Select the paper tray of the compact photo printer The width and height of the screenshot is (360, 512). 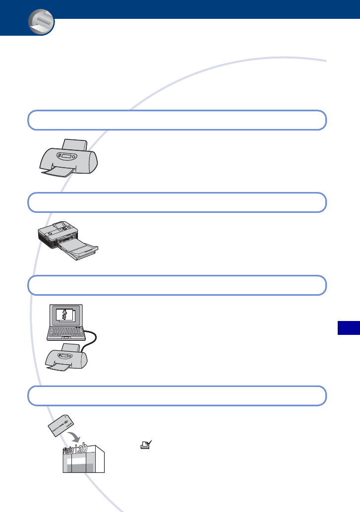click(x=79, y=251)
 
